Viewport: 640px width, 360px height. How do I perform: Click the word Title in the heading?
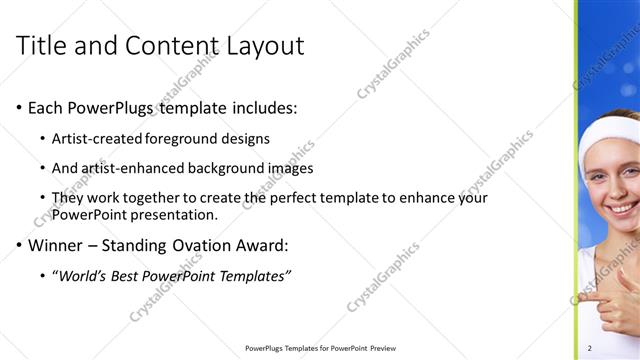[44, 46]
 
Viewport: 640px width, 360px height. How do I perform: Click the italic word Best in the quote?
[127, 275]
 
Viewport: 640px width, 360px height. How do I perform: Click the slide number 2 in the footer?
[590, 348]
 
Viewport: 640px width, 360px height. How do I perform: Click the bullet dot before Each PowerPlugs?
[20, 108]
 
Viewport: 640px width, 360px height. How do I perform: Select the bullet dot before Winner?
[20, 245]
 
